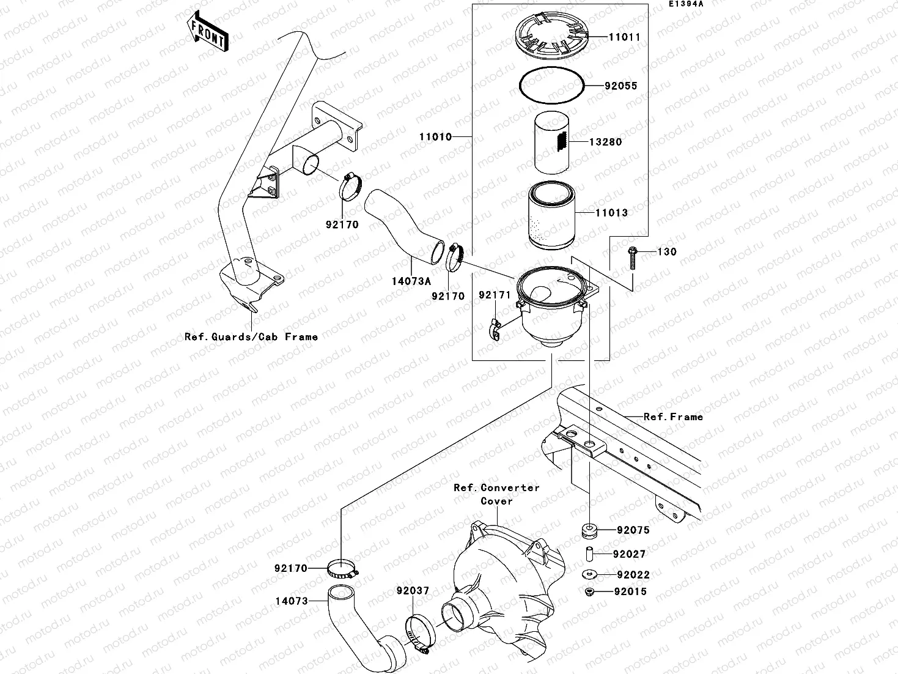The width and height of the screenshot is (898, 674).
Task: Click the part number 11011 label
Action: pyautogui.click(x=624, y=37)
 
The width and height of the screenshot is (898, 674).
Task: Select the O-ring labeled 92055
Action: pyautogui.click(x=551, y=85)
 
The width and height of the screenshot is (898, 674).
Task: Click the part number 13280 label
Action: pyautogui.click(x=605, y=142)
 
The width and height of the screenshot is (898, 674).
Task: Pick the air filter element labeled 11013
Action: pyautogui.click(x=552, y=218)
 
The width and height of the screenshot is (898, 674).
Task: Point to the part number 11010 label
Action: pyautogui.click(x=435, y=137)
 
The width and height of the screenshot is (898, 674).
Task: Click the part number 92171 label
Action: pyautogui.click(x=494, y=295)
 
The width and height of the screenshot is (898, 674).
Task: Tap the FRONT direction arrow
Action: pyautogui.click(x=206, y=34)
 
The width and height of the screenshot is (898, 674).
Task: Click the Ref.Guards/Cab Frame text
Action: pyautogui.click(x=251, y=337)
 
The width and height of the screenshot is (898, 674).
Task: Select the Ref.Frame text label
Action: pyautogui.click(x=673, y=417)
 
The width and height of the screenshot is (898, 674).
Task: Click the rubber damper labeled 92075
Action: pyautogui.click(x=589, y=529)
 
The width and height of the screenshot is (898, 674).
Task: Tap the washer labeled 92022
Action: pyautogui.click(x=589, y=574)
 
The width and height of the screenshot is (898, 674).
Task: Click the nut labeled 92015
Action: pyautogui.click(x=589, y=591)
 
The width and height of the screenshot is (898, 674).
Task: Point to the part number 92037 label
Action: pyautogui.click(x=413, y=591)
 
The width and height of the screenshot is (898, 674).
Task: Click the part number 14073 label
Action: pyautogui.click(x=292, y=601)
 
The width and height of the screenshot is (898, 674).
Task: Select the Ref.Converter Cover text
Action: pyautogui.click(x=496, y=494)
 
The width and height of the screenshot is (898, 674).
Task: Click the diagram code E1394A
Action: pyautogui.click(x=685, y=4)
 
